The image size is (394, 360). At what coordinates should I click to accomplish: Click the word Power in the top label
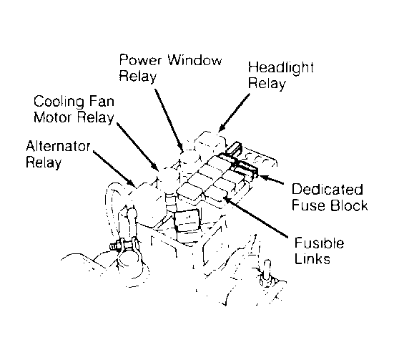pyautogui.click(x=140, y=60)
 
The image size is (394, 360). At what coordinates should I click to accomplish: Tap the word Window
pyautogui.click(x=195, y=60)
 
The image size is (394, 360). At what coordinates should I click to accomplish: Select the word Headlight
pyautogui.click(x=281, y=68)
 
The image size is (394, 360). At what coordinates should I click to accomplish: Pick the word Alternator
pyautogui.click(x=58, y=146)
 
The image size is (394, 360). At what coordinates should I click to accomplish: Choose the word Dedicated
pyautogui.click(x=327, y=189)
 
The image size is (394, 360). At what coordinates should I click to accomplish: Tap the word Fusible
pyautogui.click(x=319, y=243)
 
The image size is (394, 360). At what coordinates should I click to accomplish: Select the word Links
pyautogui.click(x=312, y=258)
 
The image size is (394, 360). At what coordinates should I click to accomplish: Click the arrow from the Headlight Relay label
pyautogui.click(x=234, y=112)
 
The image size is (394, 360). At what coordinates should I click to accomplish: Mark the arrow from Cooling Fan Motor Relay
pyautogui.click(x=138, y=147)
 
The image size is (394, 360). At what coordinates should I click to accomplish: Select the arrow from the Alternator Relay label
pyautogui.click(x=114, y=169)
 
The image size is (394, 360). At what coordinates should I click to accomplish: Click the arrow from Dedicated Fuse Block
pyautogui.click(x=272, y=180)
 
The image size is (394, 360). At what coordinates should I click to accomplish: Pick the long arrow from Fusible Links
pyautogui.click(x=255, y=217)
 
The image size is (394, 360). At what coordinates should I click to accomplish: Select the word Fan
pyautogui.click(x=102, y=101)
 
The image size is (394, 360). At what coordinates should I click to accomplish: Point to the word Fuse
pyautogui.click(x=309, y=205)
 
